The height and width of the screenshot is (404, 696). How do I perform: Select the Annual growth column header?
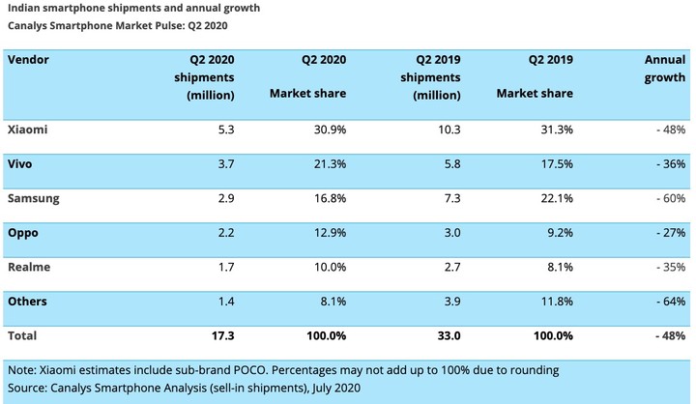[664, 68]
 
